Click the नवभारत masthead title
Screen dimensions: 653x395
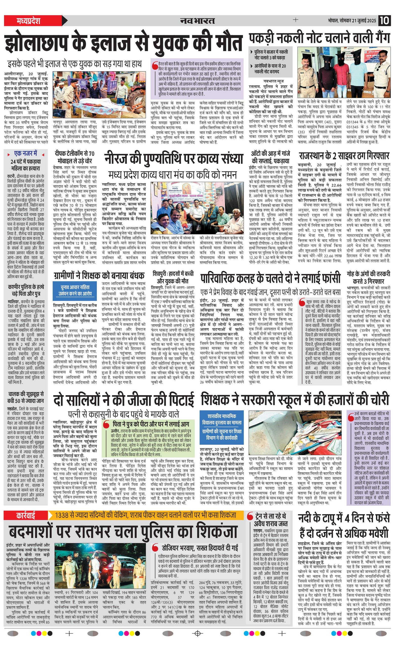197,21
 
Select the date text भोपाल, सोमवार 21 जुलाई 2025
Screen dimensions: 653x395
352,21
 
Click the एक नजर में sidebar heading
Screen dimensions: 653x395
26,153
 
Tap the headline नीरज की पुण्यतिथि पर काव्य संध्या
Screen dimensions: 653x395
174,159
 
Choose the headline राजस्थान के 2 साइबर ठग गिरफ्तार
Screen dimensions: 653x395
344,156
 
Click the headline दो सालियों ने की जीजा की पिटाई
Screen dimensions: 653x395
123,400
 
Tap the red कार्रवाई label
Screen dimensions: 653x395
25,515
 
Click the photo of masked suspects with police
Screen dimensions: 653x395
344,72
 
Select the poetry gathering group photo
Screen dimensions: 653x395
197,207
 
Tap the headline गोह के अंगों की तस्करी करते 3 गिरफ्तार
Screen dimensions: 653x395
369,277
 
